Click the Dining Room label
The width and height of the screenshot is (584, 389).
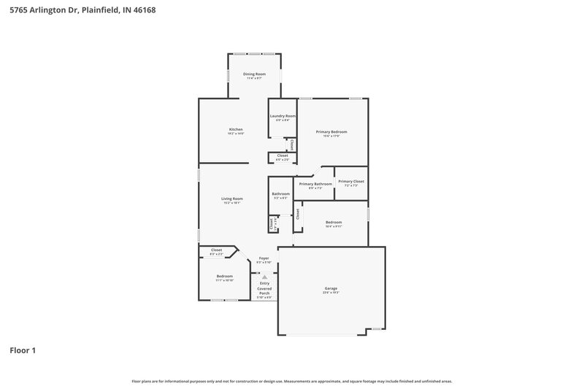pos(254,74)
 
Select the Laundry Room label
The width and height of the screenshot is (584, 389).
pos(282,116)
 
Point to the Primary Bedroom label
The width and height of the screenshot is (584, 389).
pos(331,132)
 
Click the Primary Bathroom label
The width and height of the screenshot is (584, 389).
pos(315,184)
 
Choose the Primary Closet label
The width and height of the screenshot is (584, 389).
pos(351,181)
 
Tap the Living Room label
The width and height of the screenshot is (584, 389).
pos(232,199)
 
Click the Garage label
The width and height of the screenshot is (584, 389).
pos(331,288)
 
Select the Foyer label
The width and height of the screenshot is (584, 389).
pos(264,258)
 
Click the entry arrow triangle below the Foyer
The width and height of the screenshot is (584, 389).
pos(264,277)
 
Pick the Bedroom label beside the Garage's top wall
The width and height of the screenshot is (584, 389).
pos(334,222)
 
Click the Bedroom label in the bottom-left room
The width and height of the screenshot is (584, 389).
pos(224,277)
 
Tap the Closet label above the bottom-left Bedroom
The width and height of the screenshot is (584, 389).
pos(216,250)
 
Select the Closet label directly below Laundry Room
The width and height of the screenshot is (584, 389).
pos(282,155)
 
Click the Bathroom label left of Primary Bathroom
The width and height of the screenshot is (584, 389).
pos(281,193)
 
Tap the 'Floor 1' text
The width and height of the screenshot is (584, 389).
pos(23,350)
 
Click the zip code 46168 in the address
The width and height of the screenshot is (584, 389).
pos(143,10)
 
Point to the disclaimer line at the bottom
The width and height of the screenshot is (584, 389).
pos(292,381)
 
